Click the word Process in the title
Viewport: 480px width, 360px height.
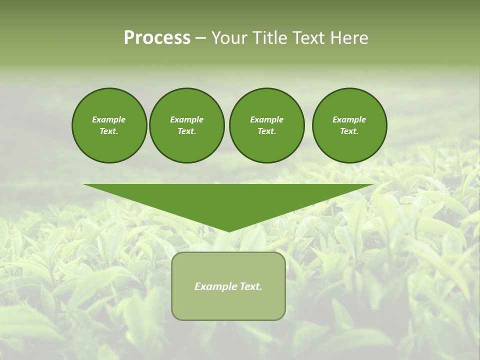click(157, 38)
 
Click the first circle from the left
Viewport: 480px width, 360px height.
click(109, 125)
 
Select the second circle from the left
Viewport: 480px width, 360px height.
click(186, 125)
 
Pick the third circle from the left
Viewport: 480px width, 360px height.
click(266, 125)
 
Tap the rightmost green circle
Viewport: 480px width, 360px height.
click(349, 125)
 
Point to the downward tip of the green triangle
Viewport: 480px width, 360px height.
click(229, 230)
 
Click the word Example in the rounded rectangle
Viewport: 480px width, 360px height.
click(214, 286)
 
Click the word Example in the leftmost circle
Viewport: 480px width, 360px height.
click(109, 119)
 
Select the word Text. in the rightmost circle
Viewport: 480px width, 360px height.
click(349, 131)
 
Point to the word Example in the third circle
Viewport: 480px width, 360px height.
click(266, 119)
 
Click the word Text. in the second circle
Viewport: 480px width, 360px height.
click(186, 131)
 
